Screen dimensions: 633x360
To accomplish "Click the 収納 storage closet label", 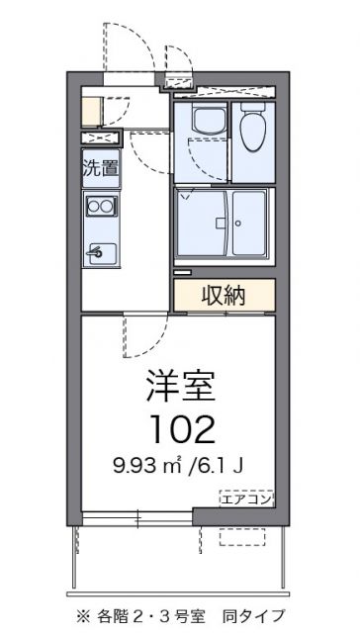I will (225, 295).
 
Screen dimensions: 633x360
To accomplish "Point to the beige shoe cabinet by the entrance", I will (90, 109).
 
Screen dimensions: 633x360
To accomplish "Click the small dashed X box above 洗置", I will (100, 137).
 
